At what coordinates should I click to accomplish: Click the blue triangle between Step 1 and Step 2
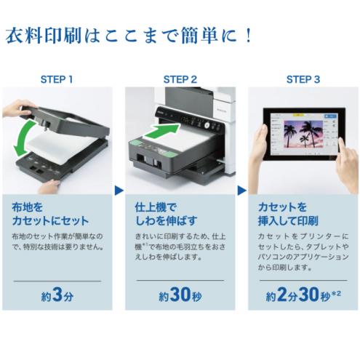(118, 191)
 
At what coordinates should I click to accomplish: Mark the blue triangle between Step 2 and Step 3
(241, 191)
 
